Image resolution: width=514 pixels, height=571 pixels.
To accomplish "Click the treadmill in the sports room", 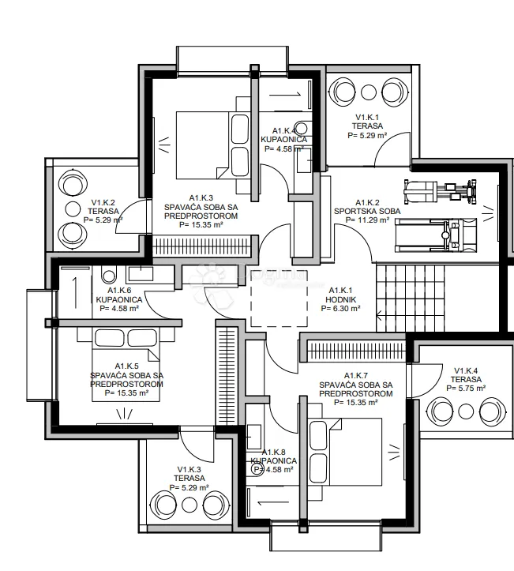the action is [436, 235].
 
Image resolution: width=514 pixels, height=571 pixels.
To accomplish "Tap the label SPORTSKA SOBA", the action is [367, 211].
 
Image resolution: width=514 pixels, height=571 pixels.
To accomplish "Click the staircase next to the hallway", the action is [411, 299].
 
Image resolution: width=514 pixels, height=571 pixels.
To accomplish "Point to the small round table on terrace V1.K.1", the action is [370, 92].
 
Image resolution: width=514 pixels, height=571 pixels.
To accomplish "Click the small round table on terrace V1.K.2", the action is [73, 209].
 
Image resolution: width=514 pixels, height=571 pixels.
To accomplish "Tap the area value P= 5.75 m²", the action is [466, 389].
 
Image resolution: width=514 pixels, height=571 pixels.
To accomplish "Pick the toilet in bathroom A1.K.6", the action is [109, 275].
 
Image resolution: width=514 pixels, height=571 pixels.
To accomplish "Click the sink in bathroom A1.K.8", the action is [254, 437].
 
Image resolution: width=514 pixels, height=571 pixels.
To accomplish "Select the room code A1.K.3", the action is [201, 198].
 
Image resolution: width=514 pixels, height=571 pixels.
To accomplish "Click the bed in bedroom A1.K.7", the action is [345, 452].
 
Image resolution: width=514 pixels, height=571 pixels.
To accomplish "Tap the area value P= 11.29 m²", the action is [367, 220].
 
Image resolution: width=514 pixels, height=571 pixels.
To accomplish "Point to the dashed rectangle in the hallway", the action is [280, 299].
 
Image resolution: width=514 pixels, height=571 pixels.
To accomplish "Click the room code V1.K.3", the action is [189, 470].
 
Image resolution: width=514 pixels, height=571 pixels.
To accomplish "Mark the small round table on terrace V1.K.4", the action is [465, 411].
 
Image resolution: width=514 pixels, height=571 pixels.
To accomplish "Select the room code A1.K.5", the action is [126, 366].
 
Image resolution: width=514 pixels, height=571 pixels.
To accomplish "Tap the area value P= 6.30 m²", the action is [341, 309].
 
